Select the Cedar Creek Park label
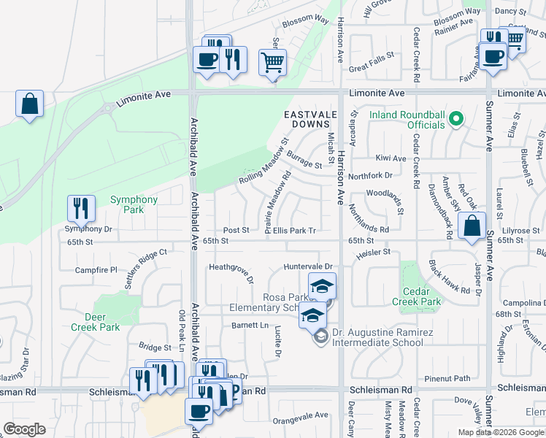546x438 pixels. (x=416, y=296)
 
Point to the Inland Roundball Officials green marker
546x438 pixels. (x=457, y=118)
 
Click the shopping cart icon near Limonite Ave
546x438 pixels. (x=272, y=64)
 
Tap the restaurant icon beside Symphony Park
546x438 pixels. (x=81, y=209)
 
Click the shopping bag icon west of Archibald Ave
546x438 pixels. (x=30, y=104)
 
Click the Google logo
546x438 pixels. (x=25, y=429)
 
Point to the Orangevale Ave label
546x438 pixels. (x=301, y=415)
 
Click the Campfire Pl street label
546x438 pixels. (x=96, y=270)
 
